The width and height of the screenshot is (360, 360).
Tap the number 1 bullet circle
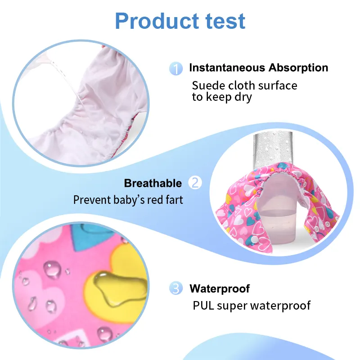pyautogui.click(x=176, y=68)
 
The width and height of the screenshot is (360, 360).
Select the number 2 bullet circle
pyautogui.click(x=195, y=183)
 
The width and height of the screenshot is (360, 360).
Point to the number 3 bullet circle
pyautogui.click(x=176, y=288)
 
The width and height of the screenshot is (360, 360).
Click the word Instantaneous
pyautogui.click(x=227, y=68)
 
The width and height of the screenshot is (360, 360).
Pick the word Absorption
pyautogui.click(x=298, y=68)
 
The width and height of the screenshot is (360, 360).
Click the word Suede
pyautogui.click(x=207, y=85)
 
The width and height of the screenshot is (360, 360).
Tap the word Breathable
pyautogui.click(x=153, y=183)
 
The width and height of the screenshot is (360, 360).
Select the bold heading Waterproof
pyautogui.click(x=220, y=288)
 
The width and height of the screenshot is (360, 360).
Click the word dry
pyautogui.click(x=243, y=97)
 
